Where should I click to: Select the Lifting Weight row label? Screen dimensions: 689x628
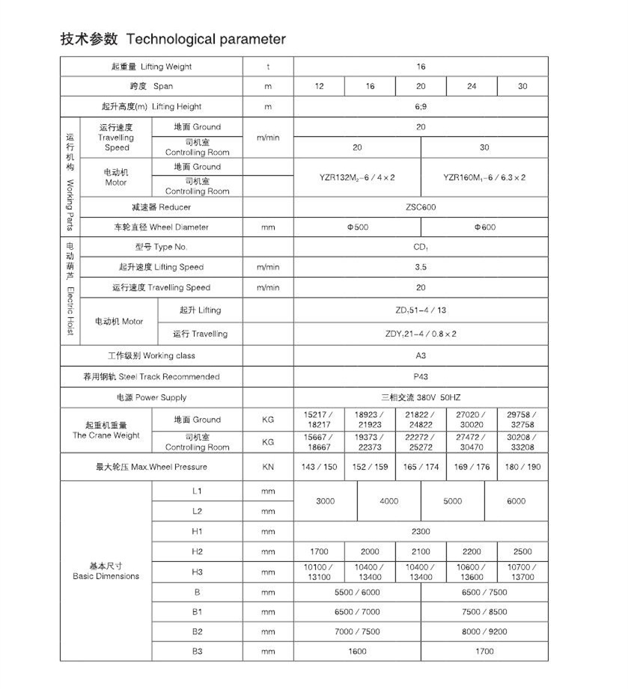(151, 67)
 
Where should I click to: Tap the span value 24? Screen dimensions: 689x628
(471, 86)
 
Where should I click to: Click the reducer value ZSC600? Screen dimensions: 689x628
(420, 207)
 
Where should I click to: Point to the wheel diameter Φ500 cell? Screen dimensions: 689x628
(357, 227)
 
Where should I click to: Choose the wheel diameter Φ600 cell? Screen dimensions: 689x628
(484, 227)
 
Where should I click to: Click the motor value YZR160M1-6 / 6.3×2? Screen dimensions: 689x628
(484, 177)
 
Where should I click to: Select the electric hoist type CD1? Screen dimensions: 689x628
(420, 247)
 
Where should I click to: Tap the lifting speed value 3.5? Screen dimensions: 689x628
(420, 267)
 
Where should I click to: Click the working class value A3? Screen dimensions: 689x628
(420, 356)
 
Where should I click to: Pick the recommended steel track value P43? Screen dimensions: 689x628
(420, 376)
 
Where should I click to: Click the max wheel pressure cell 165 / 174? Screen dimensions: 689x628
(421, 467)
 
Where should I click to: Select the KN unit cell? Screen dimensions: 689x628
(268, 467)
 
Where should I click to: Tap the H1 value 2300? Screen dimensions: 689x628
(420, 531)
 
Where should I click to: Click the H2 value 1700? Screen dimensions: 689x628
(319, 551)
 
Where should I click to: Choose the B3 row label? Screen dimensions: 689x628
(197, 652)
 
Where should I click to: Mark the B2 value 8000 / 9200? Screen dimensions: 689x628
(484, 631)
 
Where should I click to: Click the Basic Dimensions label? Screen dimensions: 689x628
(106, 571)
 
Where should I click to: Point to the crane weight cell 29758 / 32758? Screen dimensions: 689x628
(522, 420)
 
